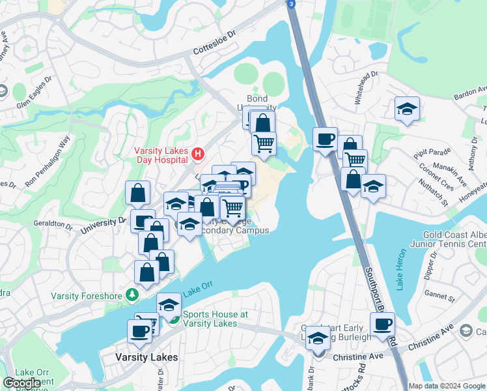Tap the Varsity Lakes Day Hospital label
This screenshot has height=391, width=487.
click(163, 154)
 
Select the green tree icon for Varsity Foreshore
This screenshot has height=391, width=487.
click(133, 295)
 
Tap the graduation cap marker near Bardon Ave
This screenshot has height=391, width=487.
click(407, 109)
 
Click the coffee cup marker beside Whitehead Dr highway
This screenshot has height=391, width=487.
click(325, 139)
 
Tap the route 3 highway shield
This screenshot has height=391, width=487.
click(292, 3)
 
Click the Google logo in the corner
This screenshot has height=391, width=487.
click(21, 383)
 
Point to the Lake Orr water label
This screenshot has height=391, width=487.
click(198, 289)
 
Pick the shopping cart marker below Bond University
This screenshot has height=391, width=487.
click(264, 143)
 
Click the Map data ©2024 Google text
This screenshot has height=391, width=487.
click(447, 386)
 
